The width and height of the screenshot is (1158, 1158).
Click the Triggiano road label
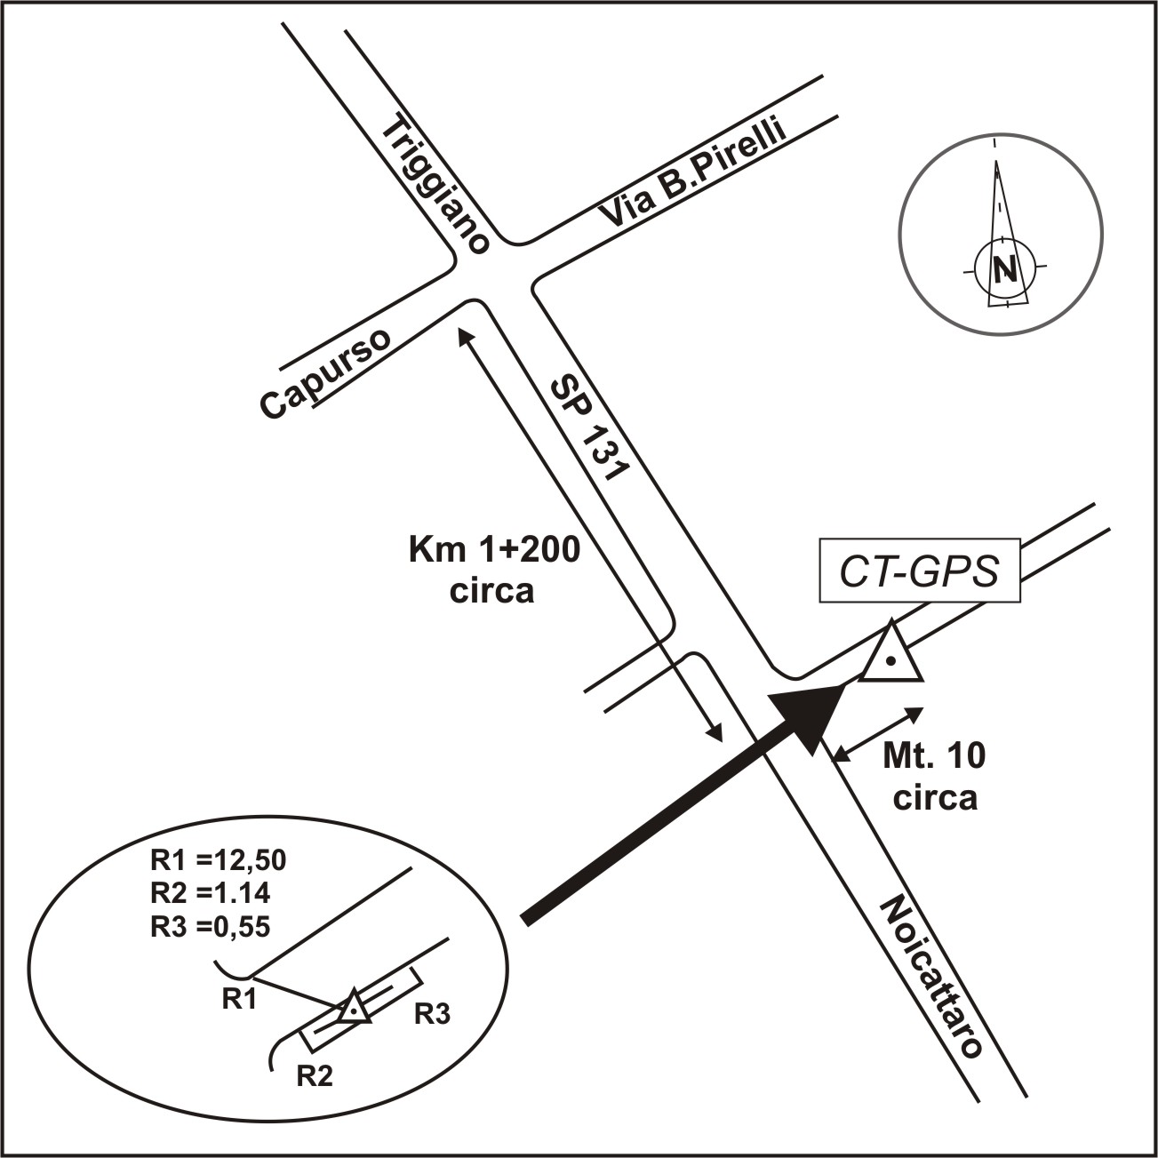click(x=435, y=187)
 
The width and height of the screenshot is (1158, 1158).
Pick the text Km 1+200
click(x=493, y=550)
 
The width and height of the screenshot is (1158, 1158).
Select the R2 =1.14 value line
click(x=211, y=892)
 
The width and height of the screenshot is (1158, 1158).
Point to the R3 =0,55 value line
click(x=211, y=925)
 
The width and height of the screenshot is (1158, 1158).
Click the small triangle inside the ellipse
click(x=353, y=1008)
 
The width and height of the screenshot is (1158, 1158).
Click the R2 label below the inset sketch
click(x=315, y=1076)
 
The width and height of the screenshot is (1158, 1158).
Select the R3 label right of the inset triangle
click(x=433, y=1014)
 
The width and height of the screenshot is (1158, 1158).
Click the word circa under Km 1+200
click(x=491, y=591)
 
